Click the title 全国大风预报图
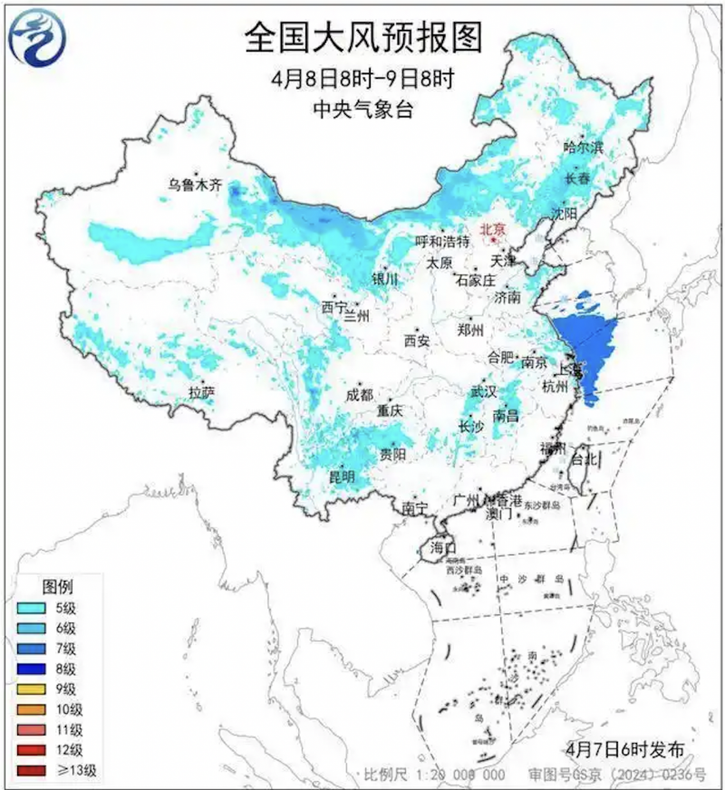coord(362,38)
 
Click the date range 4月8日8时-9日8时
coord(362,79)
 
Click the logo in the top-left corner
coord(36,38)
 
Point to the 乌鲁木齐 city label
coord(194,185)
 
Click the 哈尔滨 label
coord(583,146)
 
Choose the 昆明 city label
coord(342,477)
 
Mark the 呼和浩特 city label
coord(441,242)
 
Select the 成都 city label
coord(359,395)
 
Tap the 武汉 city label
coord(483,392)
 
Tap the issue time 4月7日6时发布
coord(623,748)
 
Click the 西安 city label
coord(416,342)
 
